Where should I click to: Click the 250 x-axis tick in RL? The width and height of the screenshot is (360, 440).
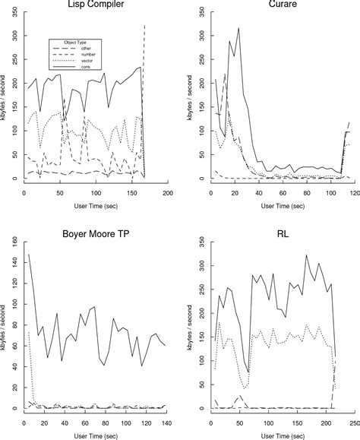click(x=352, y=423)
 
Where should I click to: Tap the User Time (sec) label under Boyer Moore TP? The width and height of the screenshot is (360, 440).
click(x=96, y=435)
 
